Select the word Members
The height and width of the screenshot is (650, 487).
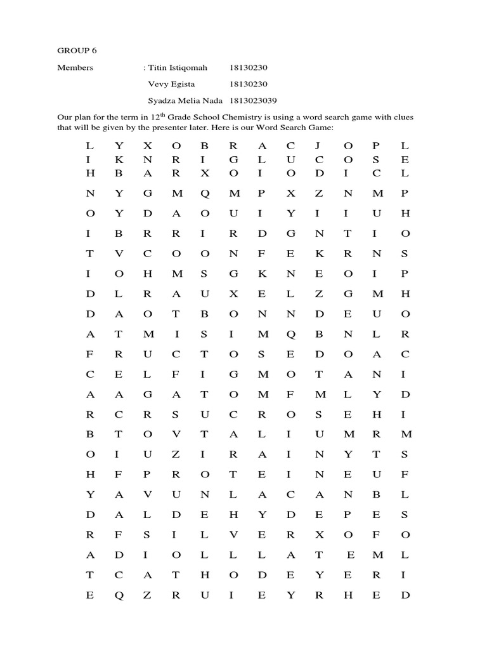75,67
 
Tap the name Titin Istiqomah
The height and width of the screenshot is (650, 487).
178,67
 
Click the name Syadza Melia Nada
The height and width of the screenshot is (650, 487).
185,100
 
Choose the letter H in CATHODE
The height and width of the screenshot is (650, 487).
204,575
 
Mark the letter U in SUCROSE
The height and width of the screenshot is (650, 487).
205,414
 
